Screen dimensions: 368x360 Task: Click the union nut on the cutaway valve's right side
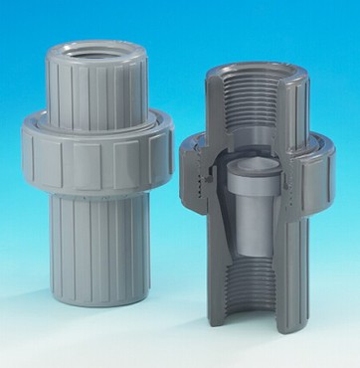click(x=316, y=169)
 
